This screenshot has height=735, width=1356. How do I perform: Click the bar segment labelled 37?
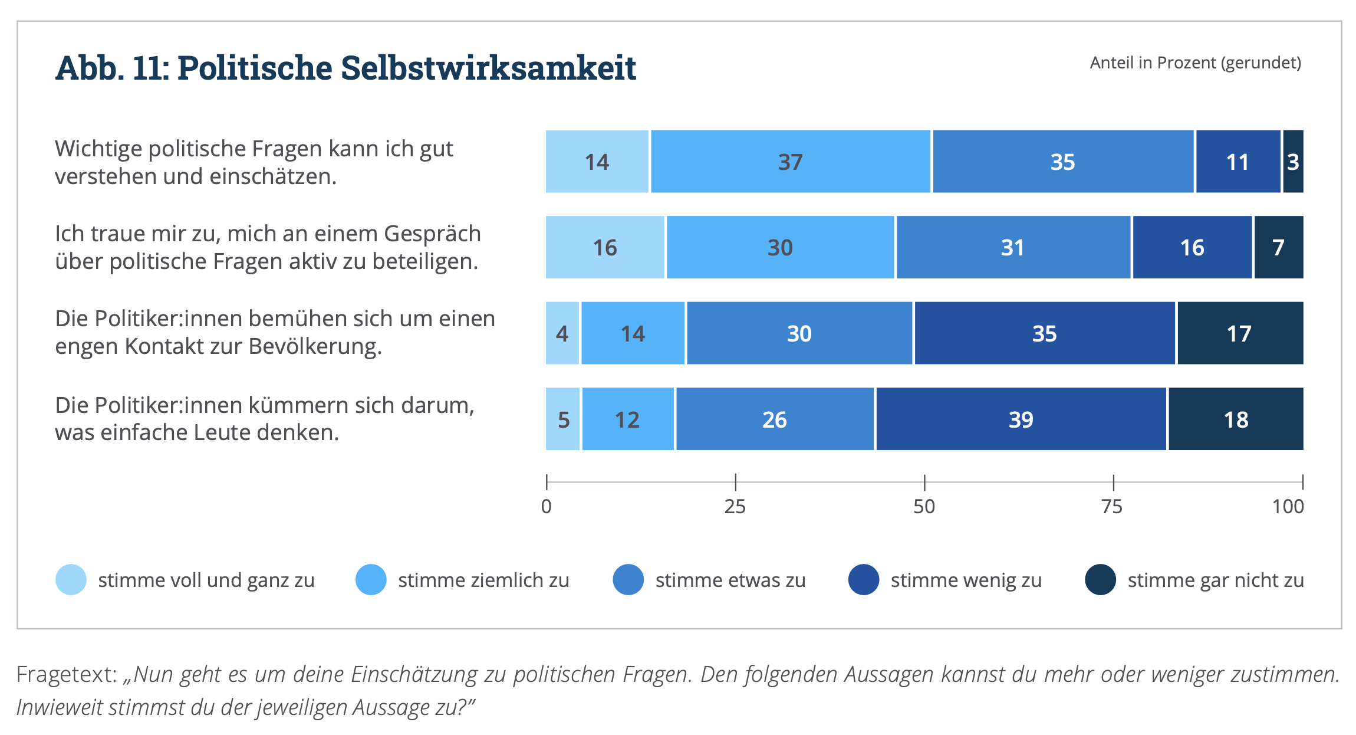(x=790, y=162)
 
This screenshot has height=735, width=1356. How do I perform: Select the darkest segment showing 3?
(x=1292, y=162)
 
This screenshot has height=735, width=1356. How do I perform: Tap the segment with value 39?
(x=1021, y=419)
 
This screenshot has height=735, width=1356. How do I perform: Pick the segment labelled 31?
(x=1013, y=247)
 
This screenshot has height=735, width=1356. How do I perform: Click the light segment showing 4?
(x=562, y=333)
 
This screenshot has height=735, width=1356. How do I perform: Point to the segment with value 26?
(x=774, y=419)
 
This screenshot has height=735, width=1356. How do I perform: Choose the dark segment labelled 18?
(x=1236, y=419)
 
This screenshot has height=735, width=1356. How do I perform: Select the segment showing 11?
(x=1237, y=162)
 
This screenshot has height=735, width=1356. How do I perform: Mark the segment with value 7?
(x=1278, y=247)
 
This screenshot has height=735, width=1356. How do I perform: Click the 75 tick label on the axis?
(x=1113, y=507)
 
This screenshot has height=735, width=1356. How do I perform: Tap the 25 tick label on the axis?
(x=735, y=507)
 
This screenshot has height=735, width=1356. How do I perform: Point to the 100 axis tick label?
(x=1288, y=507)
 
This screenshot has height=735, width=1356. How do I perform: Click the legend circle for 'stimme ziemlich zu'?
(x=371, y=580)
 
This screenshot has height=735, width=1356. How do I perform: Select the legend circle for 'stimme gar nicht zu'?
(x=1100, y=580)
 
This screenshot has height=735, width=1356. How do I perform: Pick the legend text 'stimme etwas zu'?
(x=730, y=580)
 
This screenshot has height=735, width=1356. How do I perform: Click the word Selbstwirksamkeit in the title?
(x=488, y=68)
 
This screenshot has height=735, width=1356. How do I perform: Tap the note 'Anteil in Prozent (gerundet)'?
(x=1195, y=63)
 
